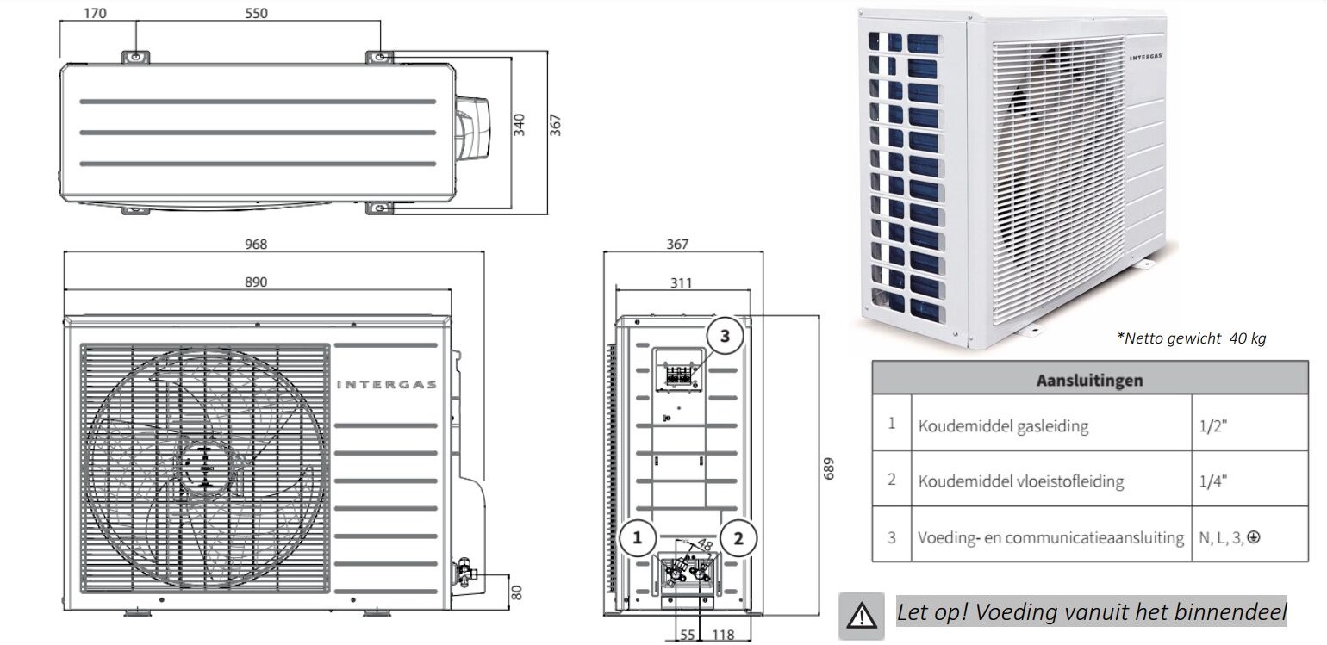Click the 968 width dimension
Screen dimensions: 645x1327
point(255,244)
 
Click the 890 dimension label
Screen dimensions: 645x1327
point(255,282)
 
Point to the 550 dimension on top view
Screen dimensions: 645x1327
point(256,13)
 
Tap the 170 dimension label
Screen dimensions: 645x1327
point(97,13)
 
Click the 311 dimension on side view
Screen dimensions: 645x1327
point(681,282)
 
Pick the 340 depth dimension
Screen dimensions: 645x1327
point(519,126)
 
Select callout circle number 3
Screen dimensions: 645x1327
point(725,336)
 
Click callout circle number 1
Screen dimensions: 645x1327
point(638,538)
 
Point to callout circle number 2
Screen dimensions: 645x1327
point(738,538)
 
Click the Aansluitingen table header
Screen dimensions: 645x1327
point(1089,379)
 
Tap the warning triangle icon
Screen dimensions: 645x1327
point(862,614)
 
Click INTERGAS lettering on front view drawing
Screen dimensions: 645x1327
point(386,384)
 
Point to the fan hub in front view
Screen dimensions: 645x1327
point(204,466)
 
